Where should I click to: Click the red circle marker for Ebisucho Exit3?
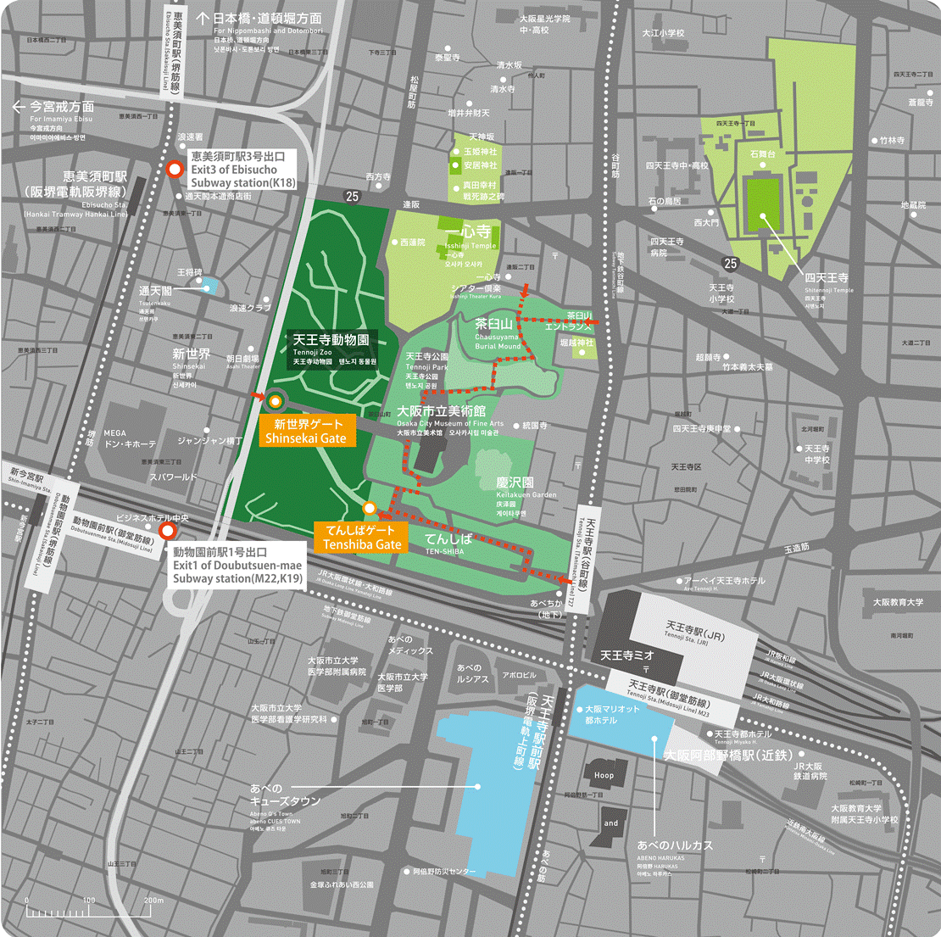click(175, 169)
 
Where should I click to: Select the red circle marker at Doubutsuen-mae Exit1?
click(168, 531)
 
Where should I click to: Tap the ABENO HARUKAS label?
click(675, 845)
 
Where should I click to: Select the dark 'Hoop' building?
click(604, 775)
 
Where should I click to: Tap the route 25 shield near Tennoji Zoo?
click(352, 196)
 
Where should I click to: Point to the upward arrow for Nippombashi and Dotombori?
click(203, 17)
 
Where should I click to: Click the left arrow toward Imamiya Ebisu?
click(19, 107)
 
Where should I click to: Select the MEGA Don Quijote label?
click(130, 438)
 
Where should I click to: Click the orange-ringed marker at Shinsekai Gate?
click(276, 400)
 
